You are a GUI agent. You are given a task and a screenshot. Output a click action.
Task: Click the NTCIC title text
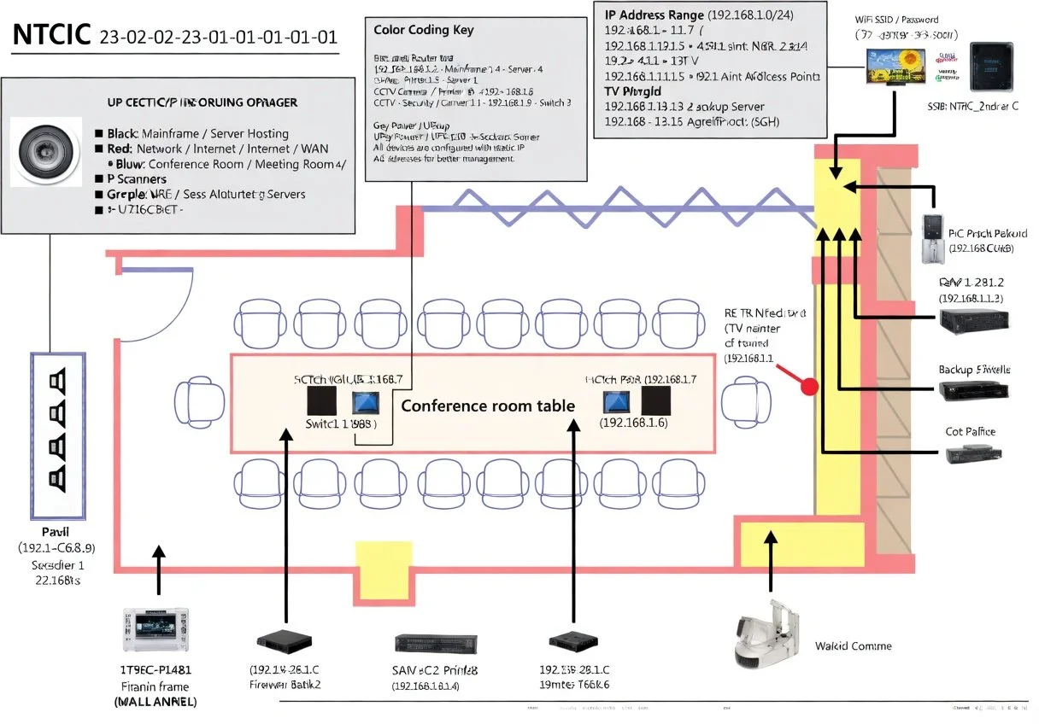coord(51,37)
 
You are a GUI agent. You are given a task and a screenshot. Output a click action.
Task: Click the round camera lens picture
coord(47,152)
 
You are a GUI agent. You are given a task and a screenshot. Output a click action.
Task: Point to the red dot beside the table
coord(807,387)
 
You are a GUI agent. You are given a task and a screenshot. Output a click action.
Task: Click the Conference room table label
coord(488,406)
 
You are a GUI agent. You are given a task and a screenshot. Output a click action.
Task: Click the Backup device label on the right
coord(974,370)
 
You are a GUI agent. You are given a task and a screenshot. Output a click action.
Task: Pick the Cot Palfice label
coord(970,432)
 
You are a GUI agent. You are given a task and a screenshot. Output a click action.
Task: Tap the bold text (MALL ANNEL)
coord(155,702)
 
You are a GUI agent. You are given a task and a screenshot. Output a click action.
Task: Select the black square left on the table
coord(321,400)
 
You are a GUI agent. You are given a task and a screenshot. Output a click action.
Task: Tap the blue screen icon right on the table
coord(616,400)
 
